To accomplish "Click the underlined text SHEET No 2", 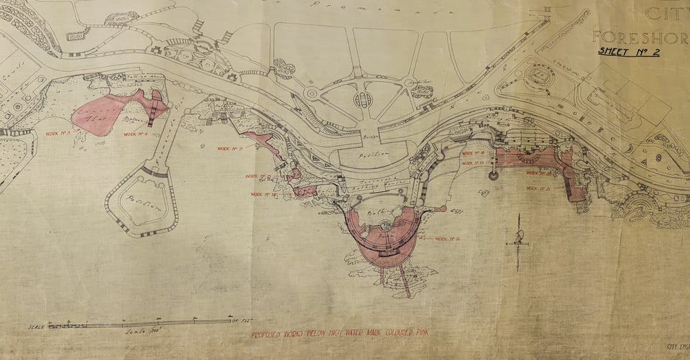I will pyautogui.click(x=628, y=51).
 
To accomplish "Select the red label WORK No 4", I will pyautogui.click(x=135, y=134).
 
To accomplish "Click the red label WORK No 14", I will pyautogui.click(x=264, y=194).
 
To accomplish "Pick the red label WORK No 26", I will pyautogui.click(x=448, y=239).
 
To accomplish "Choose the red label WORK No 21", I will pyautogui.click(x=538, y=189).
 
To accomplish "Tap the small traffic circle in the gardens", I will pyautogui.click(x=311, y=93).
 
